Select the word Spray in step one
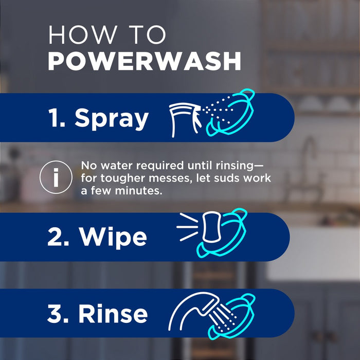[112, 118]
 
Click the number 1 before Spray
[56, 118]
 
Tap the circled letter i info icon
[56, 177]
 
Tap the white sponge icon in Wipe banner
[210, 229]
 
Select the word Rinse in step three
[114, 314]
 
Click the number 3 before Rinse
[55, 314]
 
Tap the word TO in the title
[147, 35]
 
